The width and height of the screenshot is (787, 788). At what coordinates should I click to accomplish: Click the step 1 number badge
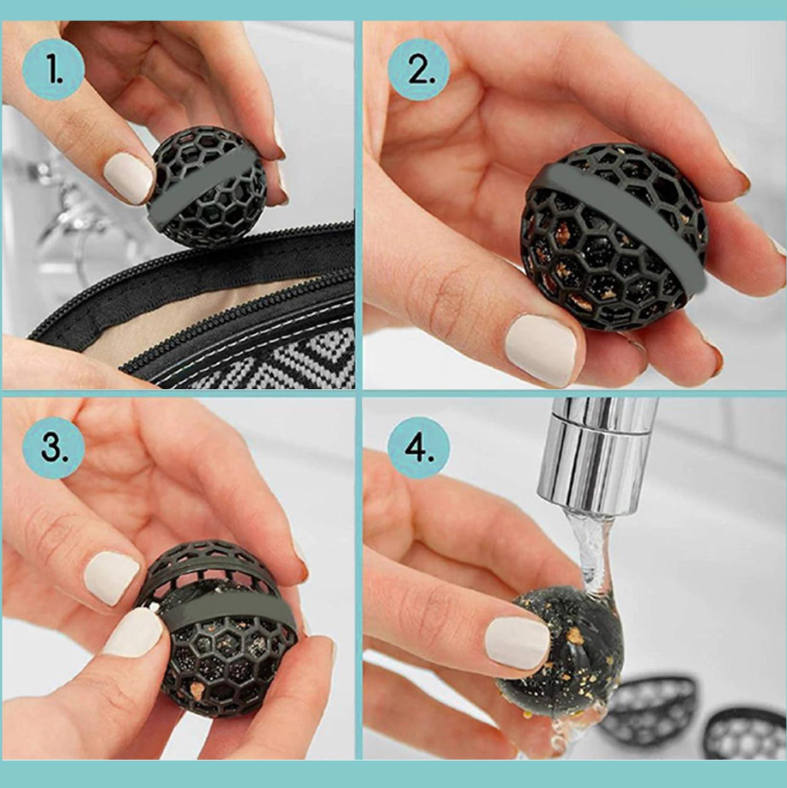click(53, 70)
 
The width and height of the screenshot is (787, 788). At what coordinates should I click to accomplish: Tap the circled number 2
click(419, 70)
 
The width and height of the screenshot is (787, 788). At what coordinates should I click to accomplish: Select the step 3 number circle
click(53, 447)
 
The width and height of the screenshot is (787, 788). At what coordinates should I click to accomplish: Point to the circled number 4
click(418, 447)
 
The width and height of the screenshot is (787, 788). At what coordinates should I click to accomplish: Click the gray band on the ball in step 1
click(207, 187)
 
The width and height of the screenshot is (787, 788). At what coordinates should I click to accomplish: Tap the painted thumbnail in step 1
click(128, 178)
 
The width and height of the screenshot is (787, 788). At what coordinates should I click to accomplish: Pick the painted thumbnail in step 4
click(518, 643)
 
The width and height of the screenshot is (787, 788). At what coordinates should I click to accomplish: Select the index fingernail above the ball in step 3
click(111, 577)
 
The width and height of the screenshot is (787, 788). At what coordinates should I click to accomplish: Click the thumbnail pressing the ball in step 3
click(134, 633)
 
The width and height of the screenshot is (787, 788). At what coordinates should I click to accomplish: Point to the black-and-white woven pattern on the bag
click(271, 358)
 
